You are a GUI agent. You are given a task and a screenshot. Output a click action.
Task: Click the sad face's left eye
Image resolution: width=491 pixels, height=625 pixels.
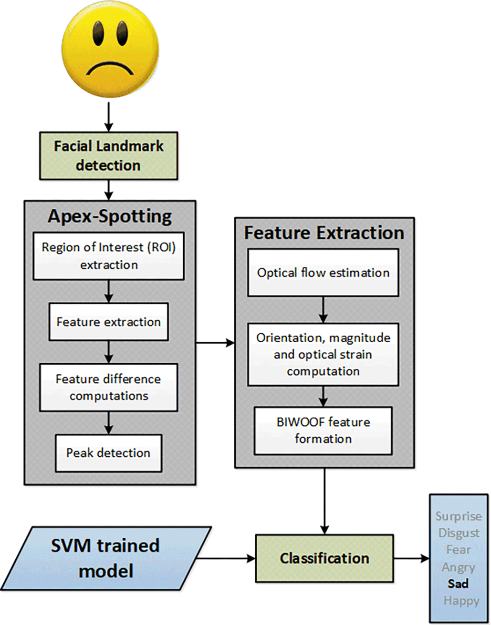98,33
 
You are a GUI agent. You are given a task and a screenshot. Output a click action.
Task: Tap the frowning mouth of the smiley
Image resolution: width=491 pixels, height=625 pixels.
110,68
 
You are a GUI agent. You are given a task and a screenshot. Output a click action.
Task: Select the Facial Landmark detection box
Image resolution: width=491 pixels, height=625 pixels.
108,155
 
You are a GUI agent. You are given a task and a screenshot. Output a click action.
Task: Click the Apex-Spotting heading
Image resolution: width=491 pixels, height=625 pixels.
110,217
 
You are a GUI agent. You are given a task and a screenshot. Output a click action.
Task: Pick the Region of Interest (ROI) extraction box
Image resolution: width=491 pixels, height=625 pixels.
108,256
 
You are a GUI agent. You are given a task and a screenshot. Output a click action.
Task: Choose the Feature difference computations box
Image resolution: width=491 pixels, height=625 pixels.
108,388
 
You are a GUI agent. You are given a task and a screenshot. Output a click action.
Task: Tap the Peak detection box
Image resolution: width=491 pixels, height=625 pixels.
108,453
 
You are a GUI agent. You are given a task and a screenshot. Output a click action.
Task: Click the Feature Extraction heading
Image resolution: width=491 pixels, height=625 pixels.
324,233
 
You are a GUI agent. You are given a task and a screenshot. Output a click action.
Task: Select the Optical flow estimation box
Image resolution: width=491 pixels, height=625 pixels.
323,273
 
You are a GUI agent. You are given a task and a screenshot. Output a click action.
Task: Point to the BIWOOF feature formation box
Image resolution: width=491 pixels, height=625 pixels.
323,430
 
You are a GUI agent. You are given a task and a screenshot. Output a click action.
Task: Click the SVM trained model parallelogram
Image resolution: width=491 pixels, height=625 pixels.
106,558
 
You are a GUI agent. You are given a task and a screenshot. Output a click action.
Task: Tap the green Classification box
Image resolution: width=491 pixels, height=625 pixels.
324,559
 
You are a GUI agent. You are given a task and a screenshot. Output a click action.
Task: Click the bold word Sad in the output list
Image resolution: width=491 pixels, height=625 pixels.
458,584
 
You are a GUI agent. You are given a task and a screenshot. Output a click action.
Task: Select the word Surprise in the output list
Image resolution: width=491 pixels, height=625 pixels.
459,516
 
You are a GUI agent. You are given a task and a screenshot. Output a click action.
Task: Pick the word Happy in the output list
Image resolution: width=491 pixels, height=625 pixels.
461,601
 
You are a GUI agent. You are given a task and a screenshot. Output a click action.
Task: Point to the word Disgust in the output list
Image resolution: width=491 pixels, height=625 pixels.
459,533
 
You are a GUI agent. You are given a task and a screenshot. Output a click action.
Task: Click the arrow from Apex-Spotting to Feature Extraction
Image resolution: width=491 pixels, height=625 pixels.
215,343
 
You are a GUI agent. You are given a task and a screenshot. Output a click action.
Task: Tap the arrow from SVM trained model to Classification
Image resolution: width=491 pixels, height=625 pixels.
226,559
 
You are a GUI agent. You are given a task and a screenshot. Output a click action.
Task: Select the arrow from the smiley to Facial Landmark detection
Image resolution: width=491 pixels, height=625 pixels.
108,117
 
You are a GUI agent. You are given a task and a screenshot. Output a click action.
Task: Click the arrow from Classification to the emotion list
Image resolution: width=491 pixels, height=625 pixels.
412,559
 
